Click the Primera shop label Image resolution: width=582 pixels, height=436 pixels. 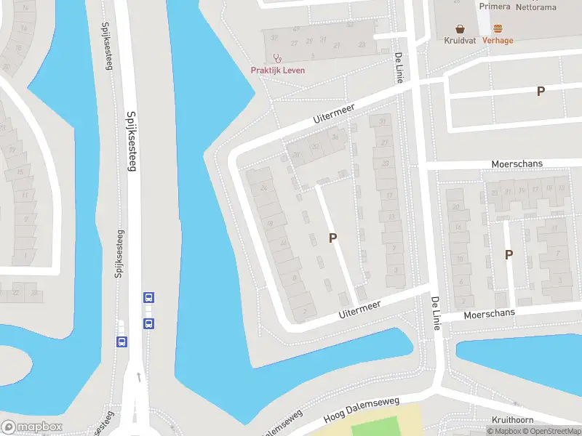495,6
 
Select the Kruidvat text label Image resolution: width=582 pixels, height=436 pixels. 460,41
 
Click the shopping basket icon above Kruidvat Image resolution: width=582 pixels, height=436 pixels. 460,29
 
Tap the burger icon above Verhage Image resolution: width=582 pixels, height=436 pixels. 498,29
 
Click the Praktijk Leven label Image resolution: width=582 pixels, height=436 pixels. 278,70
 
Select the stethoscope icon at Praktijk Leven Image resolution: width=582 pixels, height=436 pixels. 276,58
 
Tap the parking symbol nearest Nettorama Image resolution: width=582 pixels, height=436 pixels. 541,91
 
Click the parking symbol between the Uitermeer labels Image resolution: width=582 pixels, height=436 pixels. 333,238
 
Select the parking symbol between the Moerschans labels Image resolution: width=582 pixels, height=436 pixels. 509,254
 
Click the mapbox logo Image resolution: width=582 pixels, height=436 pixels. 32,427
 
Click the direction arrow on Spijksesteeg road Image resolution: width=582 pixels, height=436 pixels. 138,377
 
